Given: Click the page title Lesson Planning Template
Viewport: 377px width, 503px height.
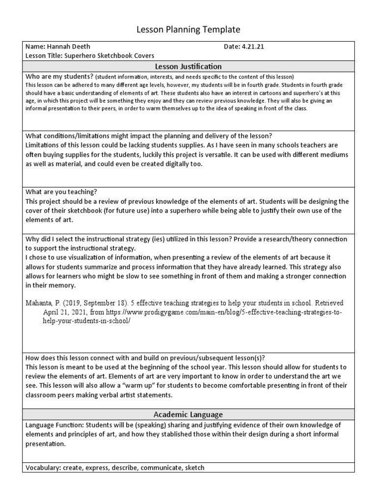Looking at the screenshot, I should coord(188,30).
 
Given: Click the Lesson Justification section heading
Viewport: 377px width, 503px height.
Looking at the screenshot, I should coord(188,66).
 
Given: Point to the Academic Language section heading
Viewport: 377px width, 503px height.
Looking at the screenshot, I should coord(188,415).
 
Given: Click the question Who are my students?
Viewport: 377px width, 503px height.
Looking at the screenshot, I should coord(59,77).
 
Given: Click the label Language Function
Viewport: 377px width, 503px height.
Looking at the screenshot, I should coord(54,424).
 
